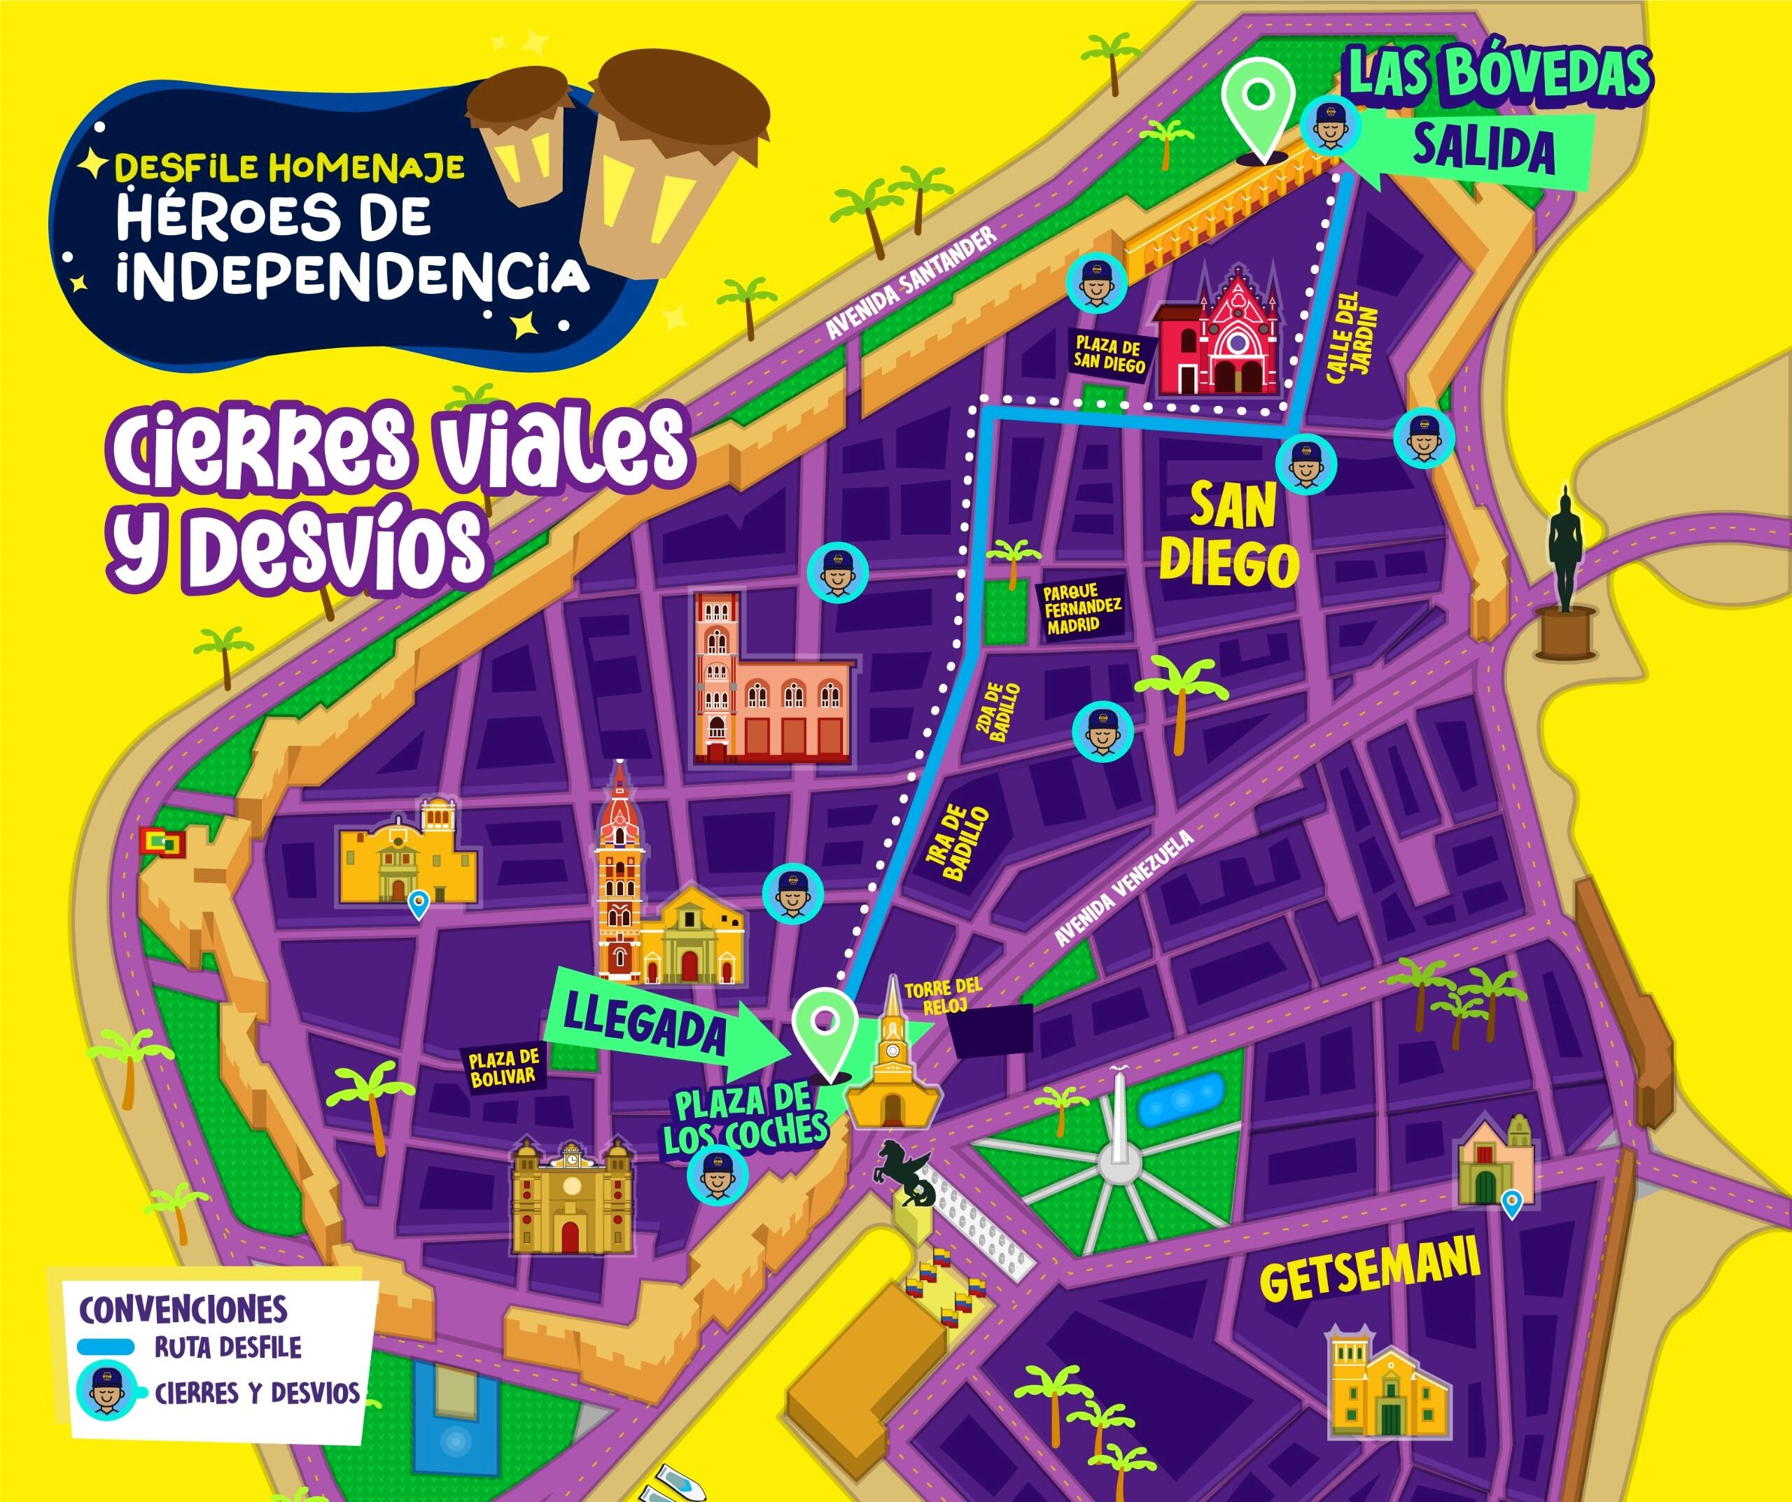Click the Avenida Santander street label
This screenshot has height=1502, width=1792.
(x=911, y=283)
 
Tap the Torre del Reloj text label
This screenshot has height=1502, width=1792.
(x=942, y=996)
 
